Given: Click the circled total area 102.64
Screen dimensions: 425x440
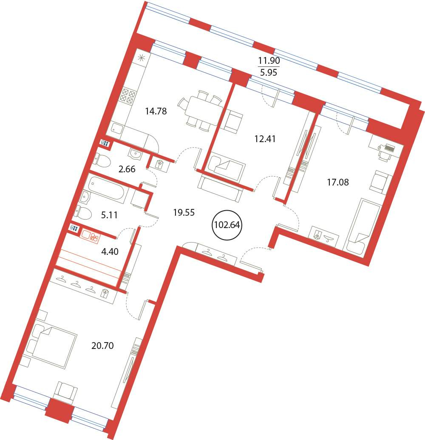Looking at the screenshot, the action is (227, 225).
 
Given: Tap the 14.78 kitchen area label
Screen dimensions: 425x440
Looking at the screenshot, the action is (156, 111).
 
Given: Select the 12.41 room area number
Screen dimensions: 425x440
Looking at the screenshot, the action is (265, 139).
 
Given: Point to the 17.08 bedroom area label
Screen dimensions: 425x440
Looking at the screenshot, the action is (338, 183).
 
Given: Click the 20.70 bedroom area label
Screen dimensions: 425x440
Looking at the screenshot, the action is (102, 346).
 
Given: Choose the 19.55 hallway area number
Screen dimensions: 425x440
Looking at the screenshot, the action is (184, 212).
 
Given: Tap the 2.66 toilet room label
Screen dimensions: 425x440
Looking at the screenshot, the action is (127, 169).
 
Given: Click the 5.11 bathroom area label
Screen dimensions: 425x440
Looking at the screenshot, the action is (109, 215).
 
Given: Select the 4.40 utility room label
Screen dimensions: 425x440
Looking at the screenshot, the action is (110, 251).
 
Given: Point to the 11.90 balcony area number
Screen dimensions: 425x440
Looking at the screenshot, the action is (269, 60).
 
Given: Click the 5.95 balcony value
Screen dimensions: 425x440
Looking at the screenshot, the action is (269, 73).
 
